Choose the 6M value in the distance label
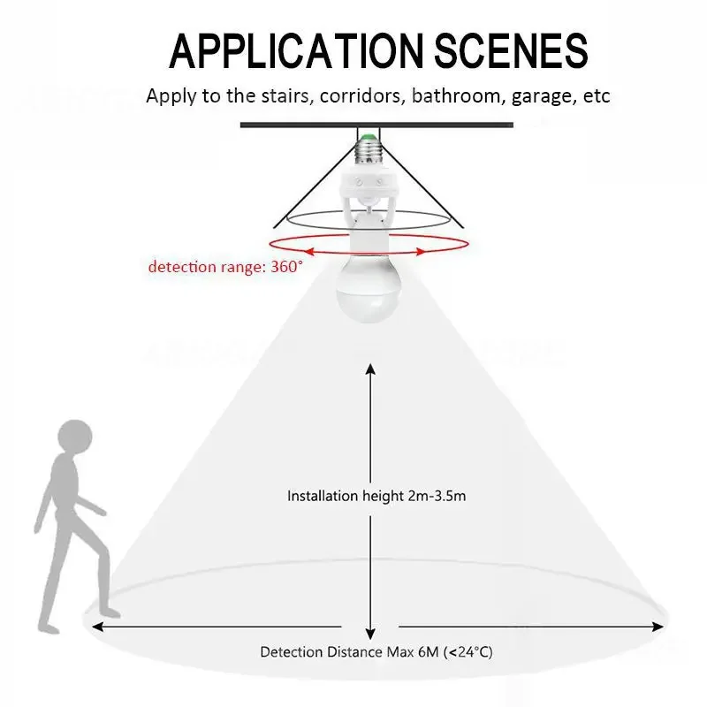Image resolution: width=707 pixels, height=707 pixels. tap(431, 652)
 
